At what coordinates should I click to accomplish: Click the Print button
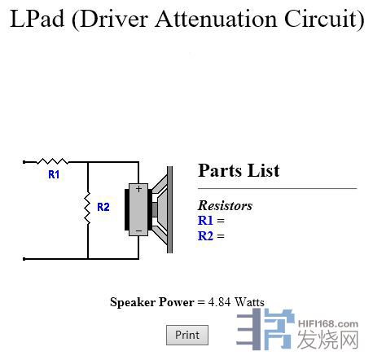[187, 335]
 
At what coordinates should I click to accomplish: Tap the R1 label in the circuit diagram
[54, 174]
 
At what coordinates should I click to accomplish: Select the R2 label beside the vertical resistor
[103, 207]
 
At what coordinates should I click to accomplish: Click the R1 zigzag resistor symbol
[52, 161]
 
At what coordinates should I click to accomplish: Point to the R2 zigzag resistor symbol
[88, 208]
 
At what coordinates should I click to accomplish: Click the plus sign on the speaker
[138, 188]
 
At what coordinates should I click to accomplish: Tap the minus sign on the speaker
[138, 231]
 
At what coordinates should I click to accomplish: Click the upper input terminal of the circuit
[24, 162]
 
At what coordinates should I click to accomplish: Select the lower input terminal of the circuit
[24, 259]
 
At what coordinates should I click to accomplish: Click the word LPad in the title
[37, 19]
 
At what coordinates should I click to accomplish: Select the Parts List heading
[239, 170]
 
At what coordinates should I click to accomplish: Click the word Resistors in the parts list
[225, 205]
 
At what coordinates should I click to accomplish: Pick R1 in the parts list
[205, 220]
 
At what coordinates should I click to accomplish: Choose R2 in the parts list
[205, 235]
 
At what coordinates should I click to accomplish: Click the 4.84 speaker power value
[219, 302]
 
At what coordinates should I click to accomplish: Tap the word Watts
[249, 302]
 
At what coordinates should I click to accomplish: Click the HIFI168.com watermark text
[328, 324]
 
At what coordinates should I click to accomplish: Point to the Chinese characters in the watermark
[328, 340]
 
